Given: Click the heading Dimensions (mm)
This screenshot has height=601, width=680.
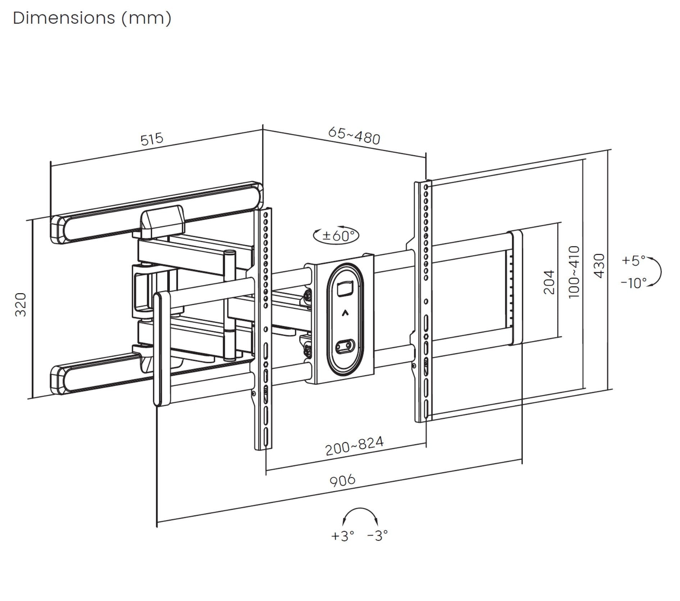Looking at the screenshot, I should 92,18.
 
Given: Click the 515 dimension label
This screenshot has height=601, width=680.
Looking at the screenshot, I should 152,139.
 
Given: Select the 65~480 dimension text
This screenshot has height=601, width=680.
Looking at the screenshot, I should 354,136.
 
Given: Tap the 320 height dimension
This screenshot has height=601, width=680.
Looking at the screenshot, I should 21,304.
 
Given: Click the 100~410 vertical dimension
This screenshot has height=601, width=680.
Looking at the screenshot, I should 574,272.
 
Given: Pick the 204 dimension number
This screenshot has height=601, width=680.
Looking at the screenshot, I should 549,282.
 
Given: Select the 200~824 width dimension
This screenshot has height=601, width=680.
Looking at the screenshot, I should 354,446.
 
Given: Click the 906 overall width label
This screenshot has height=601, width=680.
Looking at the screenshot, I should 342,480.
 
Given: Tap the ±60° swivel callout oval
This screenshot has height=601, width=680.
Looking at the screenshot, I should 336,236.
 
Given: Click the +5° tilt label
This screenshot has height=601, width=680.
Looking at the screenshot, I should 634,260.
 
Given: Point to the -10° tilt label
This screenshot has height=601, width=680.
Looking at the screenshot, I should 634,283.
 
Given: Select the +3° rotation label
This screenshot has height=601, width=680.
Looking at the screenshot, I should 342,536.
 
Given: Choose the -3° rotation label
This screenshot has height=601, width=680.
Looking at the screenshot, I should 377,536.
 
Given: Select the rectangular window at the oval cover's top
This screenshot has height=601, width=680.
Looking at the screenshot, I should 345,289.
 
